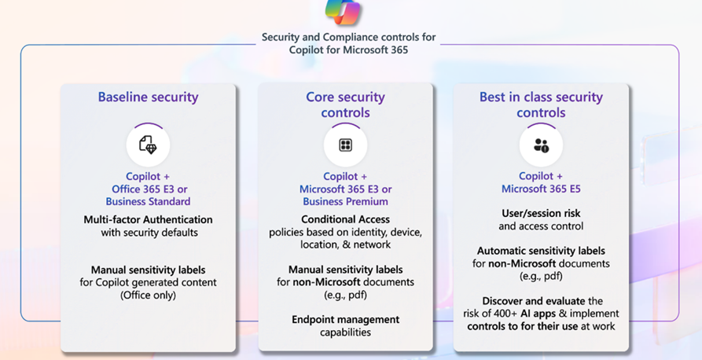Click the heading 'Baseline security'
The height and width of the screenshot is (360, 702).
point(148,97)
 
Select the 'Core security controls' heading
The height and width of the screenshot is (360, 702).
point(345,105)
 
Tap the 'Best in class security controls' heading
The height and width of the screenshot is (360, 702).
point(541,105)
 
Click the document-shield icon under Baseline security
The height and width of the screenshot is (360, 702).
point(148,144)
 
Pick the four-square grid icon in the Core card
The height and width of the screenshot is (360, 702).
point(345,145)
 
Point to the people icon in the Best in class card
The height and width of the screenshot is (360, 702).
point(541,145)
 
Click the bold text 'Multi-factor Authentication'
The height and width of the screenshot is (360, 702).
point(148,219)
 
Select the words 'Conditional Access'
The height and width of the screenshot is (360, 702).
point(345,219)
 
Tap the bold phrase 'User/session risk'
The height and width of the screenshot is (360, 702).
point(541,213)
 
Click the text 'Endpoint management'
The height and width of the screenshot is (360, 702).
point(345,319)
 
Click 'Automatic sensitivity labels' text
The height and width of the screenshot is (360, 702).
point(541,251)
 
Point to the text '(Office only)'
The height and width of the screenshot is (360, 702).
point(148,295)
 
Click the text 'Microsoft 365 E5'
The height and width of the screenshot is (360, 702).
point(541,189)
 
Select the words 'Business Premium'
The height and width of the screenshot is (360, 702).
point(345,201)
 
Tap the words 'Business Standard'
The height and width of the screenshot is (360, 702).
point(148,201)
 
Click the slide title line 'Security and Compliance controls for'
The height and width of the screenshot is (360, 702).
point(348,37)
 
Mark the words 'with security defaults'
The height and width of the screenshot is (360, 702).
point(148,233)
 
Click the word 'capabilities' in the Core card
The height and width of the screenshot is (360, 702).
point(345,332)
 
